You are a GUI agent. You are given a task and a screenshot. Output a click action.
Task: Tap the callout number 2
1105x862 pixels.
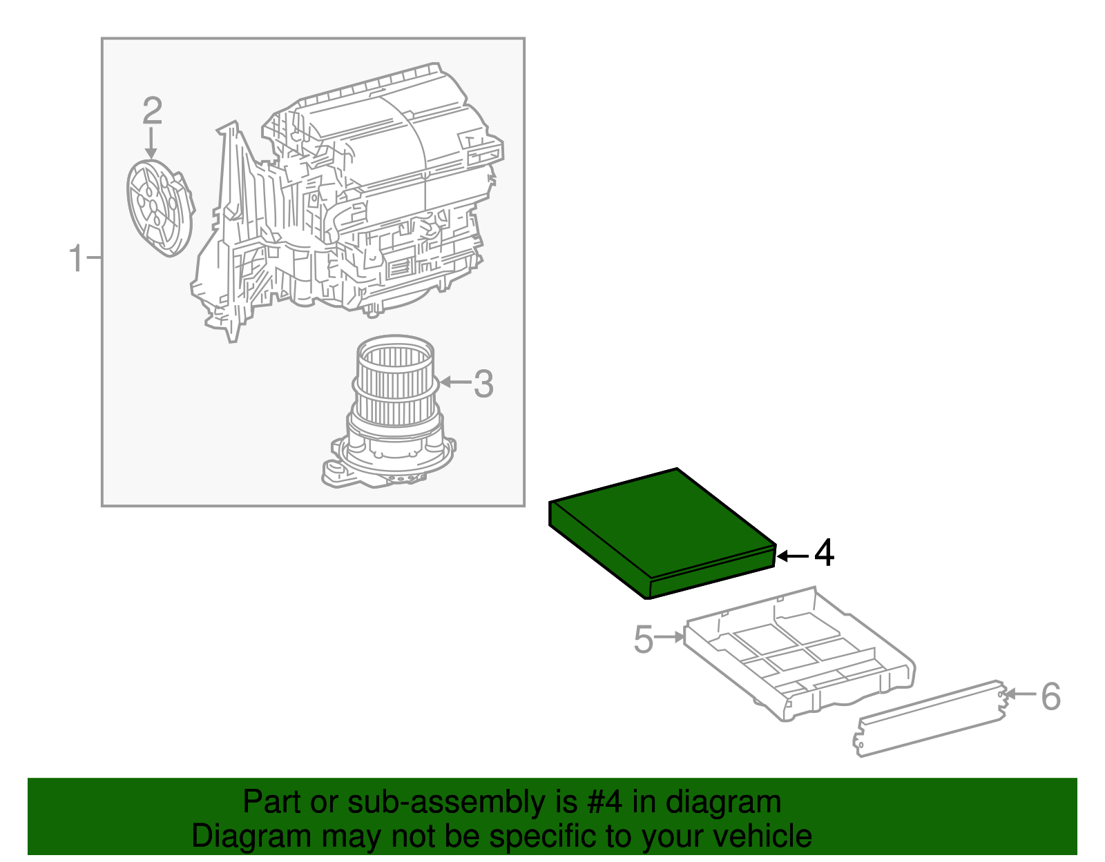pyautogui.click(x=153, y=111)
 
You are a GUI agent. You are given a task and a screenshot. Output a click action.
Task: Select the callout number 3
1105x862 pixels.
pyautogui.click(x=483, y=384)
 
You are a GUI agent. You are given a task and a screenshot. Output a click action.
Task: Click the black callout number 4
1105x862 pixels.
pyautogui.click(x=823, y=554)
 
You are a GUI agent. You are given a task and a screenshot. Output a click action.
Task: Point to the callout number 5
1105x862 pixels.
pyautogui.click(x=643, y=639)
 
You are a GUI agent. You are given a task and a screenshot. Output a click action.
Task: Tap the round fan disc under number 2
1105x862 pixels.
pyautogui.click(x=159, y=207)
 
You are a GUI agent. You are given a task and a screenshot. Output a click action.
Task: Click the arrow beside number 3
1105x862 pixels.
pyautogui.click(x=454, y=382)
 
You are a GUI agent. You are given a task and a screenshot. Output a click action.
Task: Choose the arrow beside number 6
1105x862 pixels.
pyautogui.click(x=1021, y=694)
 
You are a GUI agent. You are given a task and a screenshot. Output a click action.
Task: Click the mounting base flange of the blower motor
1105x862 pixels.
pyautogui.click(x=387, y=469)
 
